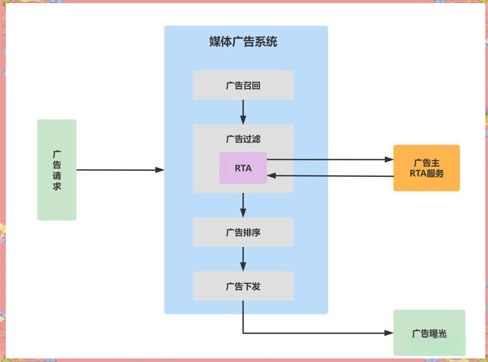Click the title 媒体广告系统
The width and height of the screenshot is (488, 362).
click(x=243, y=42)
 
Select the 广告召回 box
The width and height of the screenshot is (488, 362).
click(x=243, y=85)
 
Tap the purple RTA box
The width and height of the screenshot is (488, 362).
click(x=243, y=168)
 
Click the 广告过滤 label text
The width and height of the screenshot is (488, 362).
click(x=243, y=139)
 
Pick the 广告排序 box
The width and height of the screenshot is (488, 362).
click(x=243, y=232)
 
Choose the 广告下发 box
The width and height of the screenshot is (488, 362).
click(x=243, y=286)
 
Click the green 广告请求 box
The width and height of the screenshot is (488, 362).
click(x=57, y=170)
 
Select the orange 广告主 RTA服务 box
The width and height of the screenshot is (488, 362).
click(x=426, y=168)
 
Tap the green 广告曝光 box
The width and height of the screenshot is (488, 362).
click(x=429, y=333)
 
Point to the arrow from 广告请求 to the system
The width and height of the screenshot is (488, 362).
click(x=120, y=169)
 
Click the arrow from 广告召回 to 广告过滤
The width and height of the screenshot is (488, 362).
click(x=243, y=112)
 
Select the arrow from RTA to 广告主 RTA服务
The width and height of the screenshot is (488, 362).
click(x=329, y=159)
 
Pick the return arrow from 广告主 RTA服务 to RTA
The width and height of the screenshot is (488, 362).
click(x=329, y=176)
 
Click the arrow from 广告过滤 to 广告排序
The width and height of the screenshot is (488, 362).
click(x=243, y=205)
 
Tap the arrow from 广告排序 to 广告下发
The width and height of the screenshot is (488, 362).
click(x=243, y=259)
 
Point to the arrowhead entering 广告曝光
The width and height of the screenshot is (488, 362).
click(x=389, y=333)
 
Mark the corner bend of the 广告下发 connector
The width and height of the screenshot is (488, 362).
click(x=243, y=333)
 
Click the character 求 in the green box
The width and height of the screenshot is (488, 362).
click(x=57, y=186)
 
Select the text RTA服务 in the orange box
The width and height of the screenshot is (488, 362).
click(x=426, y=173)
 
